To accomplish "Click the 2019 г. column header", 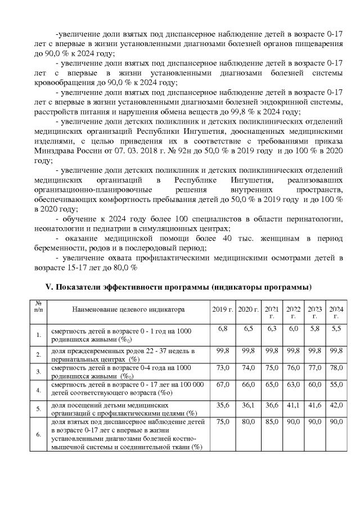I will tap(223, 309).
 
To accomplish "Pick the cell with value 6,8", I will tap(223, 328).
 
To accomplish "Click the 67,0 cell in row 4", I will tap(223, 384).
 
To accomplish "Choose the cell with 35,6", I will tap(223, 404).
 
